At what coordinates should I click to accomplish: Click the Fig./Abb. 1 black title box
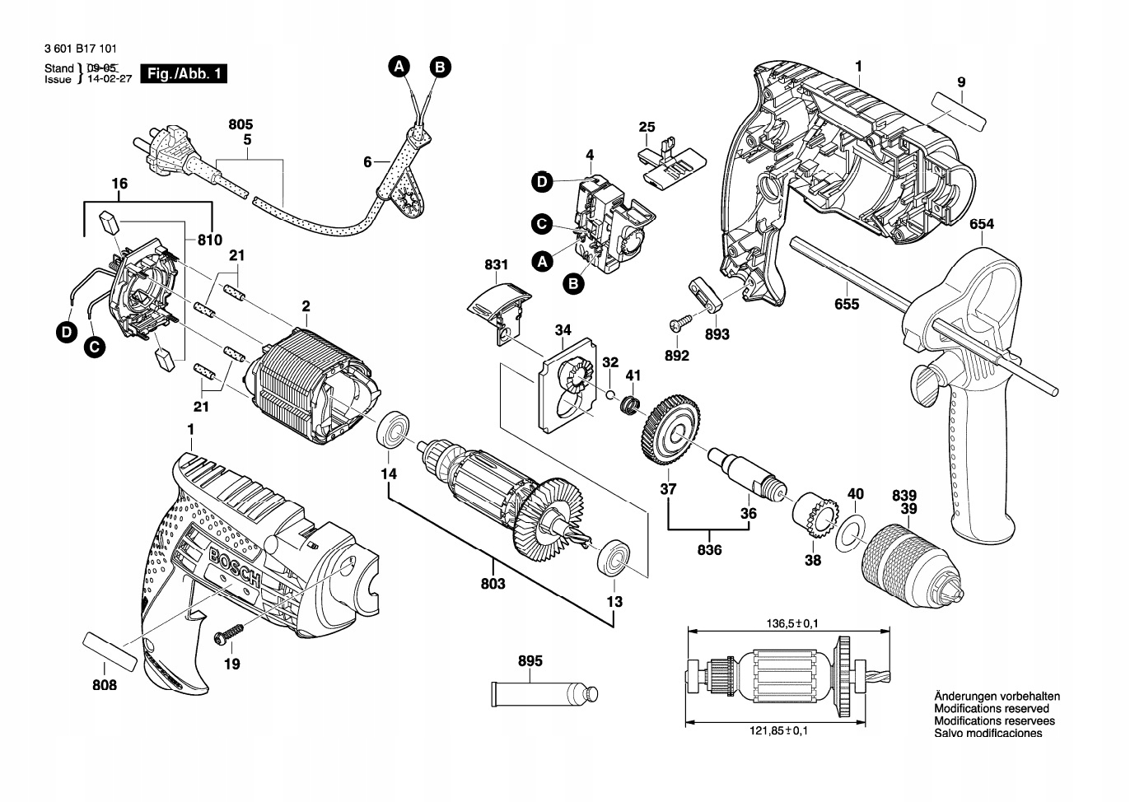(x=184, y=73)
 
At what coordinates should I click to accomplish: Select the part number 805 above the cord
(x=240, y=124)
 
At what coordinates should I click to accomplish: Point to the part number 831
(x=496, y=264)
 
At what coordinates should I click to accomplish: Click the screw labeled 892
(x=680, y=321)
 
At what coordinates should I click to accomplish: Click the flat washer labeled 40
(x=851, y=534)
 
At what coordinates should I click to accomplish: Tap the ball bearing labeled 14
(x=393, y=430)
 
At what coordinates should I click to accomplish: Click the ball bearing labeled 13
(x=613, y=558)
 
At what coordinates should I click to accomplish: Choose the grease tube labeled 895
(x=544, y=694)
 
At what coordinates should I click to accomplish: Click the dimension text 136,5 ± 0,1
(x=792, y=623)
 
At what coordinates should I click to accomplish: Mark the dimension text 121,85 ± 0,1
(x=778, y=730)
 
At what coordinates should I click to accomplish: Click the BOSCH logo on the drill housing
(x=235, y=568)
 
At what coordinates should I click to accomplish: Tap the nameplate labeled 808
(x=110, y=651)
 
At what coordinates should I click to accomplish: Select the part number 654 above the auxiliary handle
(x=982, y=224)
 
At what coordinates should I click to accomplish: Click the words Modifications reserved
(x=992, y=709)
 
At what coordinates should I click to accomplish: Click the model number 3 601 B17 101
(x=80, y=49)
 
